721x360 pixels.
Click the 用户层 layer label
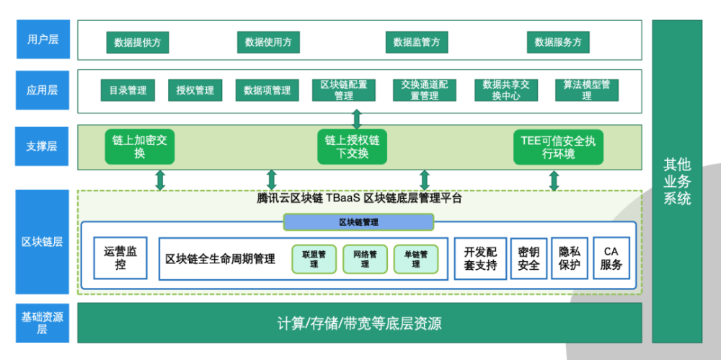pos(37,39)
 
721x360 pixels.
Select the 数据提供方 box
pos(137,43)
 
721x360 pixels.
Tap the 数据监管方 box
pos(417,43)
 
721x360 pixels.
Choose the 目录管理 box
pos(128,90)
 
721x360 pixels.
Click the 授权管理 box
pos(195,90)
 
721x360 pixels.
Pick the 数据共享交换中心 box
pos(506,90)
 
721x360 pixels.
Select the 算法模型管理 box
pos(586,90)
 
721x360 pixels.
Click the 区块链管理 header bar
pos(358,222)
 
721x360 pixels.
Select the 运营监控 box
pos(120,258)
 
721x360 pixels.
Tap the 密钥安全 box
pos(528,258)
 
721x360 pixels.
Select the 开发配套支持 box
pos(480,258)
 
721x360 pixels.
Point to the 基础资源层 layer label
pos(37,322)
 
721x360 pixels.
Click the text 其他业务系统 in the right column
pos(677,181)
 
